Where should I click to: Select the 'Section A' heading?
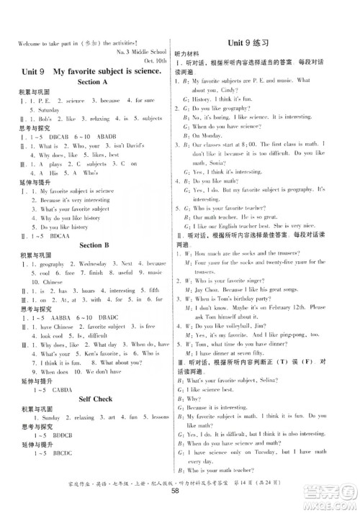point(87,82)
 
